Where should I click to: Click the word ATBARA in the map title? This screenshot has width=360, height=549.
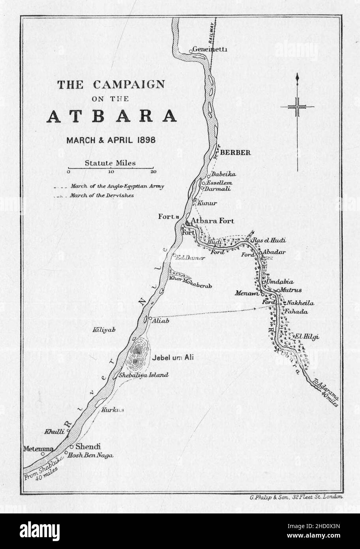(x=112, y=116)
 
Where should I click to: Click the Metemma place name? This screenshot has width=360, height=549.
(x=38, y=449)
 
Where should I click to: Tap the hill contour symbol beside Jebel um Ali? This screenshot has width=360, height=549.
(x=136, y=353)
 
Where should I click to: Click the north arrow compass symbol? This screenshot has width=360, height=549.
(x=297, y=107)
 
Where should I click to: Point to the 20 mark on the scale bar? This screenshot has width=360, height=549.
(x=153, y=172)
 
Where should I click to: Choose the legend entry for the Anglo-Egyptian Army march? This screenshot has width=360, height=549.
(x=117, y=186)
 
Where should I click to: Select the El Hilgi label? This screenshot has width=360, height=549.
(x=306, y=337)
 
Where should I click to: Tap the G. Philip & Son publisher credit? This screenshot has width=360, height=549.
(x=296, y=498)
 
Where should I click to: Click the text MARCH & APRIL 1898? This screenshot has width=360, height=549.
(x=111, y=140)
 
